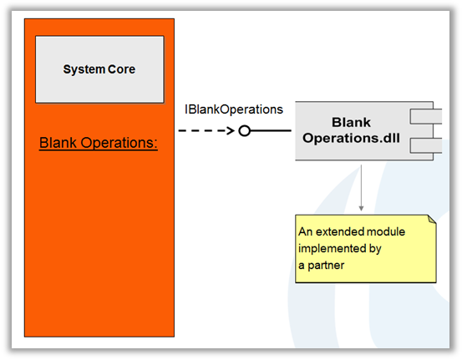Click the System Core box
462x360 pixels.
[99, 69]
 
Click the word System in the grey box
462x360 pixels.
[84, 70]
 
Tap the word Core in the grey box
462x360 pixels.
[121, 69]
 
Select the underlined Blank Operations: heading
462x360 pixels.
[99, 143]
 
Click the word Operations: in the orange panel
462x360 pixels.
[119, 143]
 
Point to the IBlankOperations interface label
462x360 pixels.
[234, 109]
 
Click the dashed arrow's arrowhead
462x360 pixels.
[231, 130]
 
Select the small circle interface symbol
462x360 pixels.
[244, 130]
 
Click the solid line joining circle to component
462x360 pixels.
[271, 130]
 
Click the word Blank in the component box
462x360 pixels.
[351, 122]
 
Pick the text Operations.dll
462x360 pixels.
[351, 138]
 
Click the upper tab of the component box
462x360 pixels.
[426, 116]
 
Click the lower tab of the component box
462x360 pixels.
[426, 146]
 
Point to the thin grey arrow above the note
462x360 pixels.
[361, 188]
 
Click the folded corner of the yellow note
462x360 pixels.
[432, 219]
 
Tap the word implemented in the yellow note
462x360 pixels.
[332, 249]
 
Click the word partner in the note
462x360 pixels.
[326, 266]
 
